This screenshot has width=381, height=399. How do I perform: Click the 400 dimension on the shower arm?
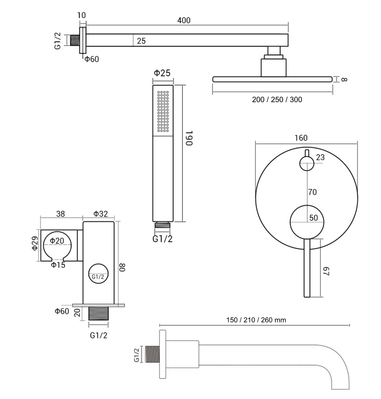point(184,20)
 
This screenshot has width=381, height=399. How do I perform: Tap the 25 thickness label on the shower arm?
point(141,41)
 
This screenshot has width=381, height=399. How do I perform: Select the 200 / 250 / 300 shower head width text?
point(277,99)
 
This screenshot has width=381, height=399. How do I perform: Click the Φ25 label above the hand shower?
point(162,73)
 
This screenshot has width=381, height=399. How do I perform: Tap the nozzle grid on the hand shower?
point(163,111)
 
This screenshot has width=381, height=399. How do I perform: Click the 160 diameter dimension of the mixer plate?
point(301,138)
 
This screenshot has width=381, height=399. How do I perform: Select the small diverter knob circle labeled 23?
point(307,164)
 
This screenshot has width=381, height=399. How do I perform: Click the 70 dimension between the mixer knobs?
point(312,192)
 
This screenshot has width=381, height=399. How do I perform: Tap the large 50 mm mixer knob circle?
point(307,222)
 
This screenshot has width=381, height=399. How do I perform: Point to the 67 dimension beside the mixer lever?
point(326,271)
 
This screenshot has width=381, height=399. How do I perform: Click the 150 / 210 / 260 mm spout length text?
point(256,320)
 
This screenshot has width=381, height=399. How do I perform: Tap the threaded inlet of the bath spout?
point(152,354)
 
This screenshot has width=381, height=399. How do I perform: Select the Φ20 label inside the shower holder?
point(57,241)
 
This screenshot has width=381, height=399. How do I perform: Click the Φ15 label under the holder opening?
point(58,265)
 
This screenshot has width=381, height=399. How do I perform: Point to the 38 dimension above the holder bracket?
point(60,214)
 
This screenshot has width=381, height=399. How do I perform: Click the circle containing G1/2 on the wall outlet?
point(98,274)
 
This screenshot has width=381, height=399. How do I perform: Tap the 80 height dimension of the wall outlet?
point(122,267)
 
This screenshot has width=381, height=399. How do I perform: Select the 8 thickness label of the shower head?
point(344,80)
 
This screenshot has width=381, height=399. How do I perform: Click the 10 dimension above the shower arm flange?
point(82,15)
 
